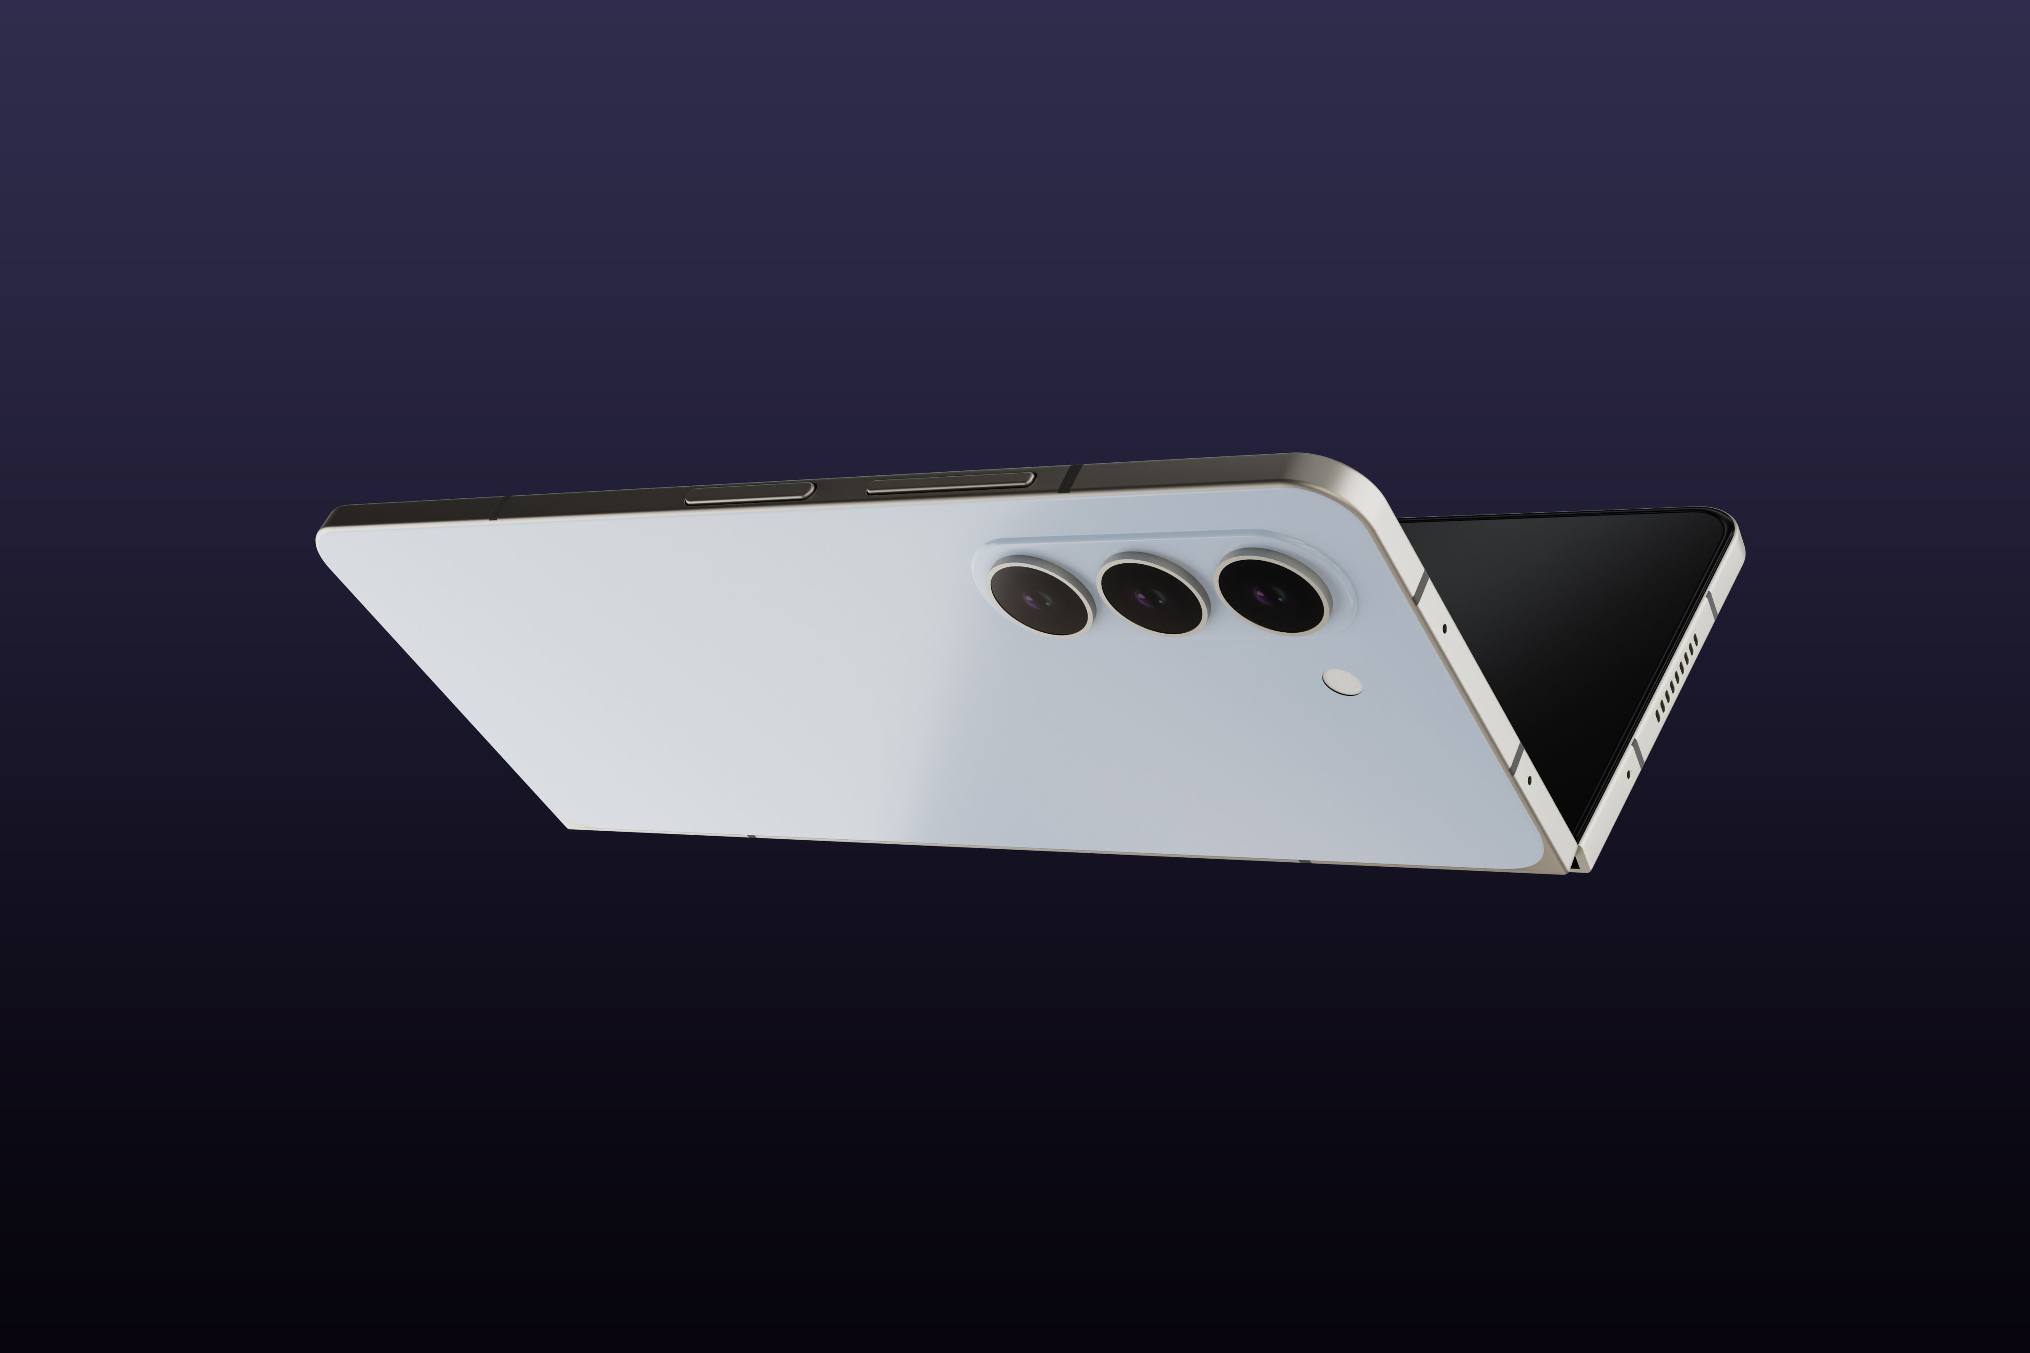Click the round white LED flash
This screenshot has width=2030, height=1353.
point(1342,683)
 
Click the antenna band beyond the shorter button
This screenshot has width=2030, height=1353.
point(499,507)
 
